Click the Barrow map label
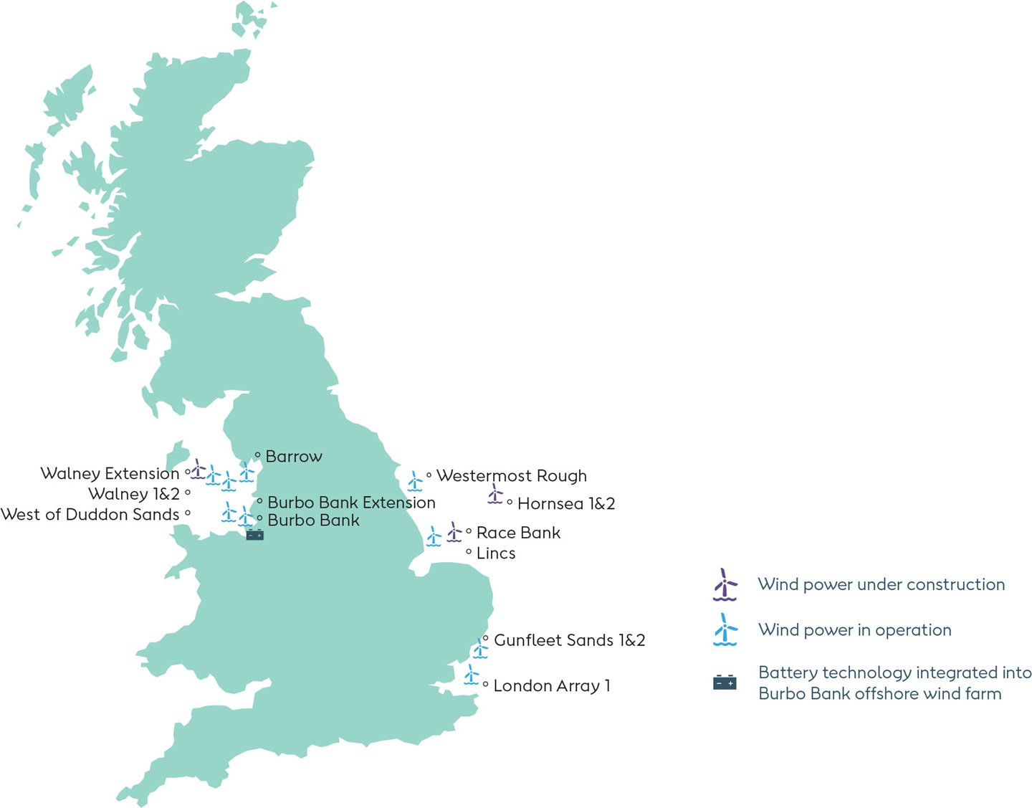(x=293, y=457)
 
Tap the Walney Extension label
(x=110, y=474)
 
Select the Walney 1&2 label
(x=134, y=494)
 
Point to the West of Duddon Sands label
(x=90, y=515)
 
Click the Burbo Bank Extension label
(x=351, y=503)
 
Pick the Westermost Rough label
(x=511, y=476)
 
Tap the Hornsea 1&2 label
(x=566, y=504)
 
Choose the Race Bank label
(x=518, y=533)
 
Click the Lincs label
(x=496, y=553)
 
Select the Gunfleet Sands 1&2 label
(x=569, y=640)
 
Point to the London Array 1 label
(x=552, y=686)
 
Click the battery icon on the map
(x=255, y=535)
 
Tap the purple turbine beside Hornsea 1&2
(x=494, y=494)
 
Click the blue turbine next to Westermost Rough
(x=415, y=481)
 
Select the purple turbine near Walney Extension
(x=198, y=470)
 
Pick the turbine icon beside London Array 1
(x=471, y=675)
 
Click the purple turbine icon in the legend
(x=725, y=585)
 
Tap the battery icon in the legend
(x=725, y=683)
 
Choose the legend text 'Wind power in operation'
(x=854, y=630)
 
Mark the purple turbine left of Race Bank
(x=454, y=532)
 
